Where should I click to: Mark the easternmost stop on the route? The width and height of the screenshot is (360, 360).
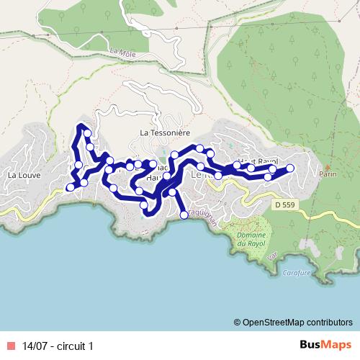point(291,168)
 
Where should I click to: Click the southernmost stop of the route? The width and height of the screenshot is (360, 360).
point(184,215)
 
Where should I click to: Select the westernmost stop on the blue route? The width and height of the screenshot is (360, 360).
point(70,187)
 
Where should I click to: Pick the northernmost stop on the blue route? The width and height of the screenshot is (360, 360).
point(87,133)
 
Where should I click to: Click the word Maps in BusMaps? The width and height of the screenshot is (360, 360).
point(335,346)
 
